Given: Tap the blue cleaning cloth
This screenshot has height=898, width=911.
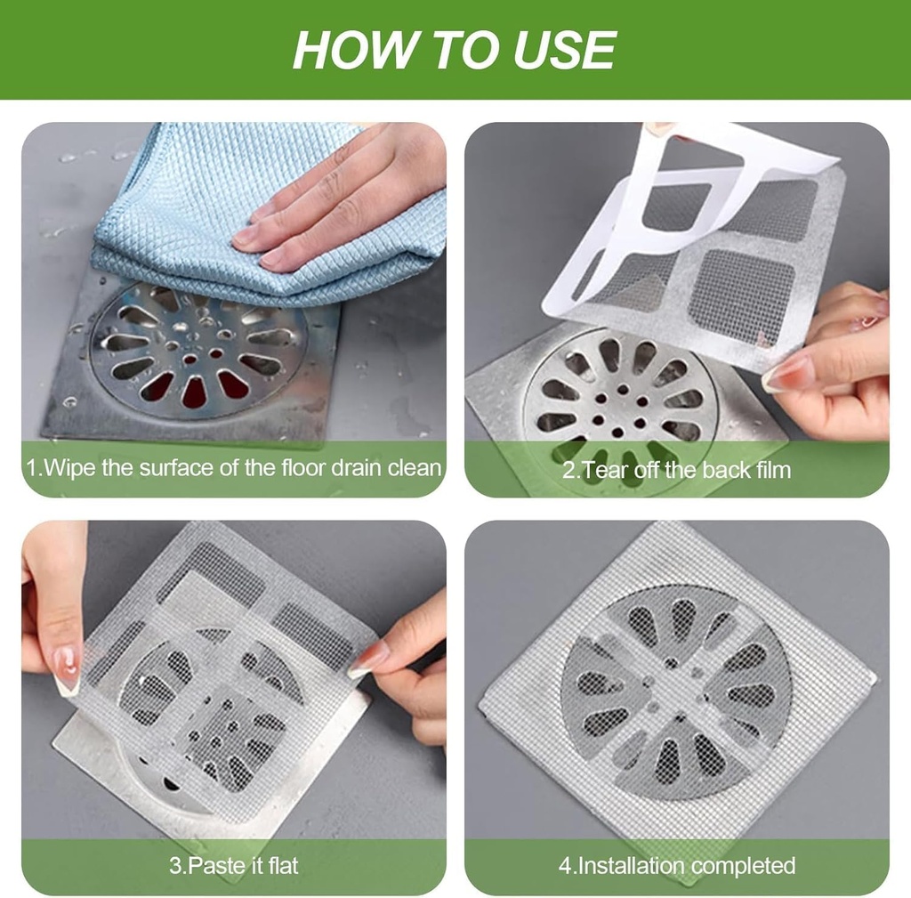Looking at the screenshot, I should click(x=178, y=205).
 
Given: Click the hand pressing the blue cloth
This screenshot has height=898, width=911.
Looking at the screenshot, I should click(x=347, y=200).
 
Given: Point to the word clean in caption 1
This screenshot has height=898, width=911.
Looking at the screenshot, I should click(x=414, y=467).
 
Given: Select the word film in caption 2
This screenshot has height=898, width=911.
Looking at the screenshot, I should click(x=770, y=470).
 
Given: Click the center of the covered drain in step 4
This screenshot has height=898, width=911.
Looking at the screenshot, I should click(x=676, y=692).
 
